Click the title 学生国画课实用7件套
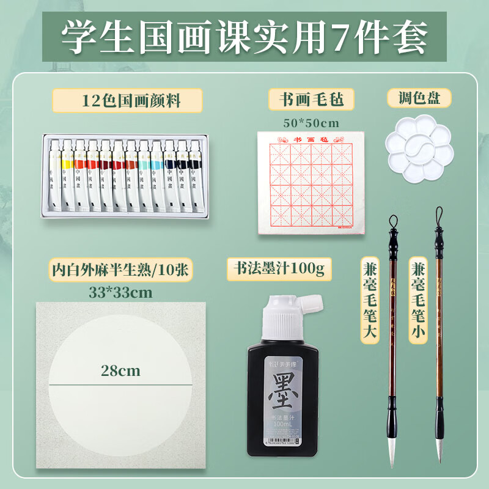(244, 38)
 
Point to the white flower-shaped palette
(419, 150)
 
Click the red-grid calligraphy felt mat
(312, 183)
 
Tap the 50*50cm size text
(311, 122)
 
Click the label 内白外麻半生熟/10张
(116, 269)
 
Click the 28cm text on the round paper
(120, 371)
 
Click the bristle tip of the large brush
(392, 449)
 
